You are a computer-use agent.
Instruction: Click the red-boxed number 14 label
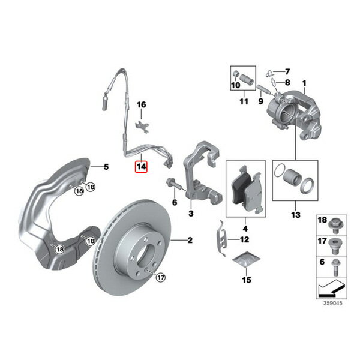tap(141, 167)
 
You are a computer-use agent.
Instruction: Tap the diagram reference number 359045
tap(332, 303)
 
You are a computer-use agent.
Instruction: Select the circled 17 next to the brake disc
tap(160, 278)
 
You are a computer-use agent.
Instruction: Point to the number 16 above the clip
tap(141, 104)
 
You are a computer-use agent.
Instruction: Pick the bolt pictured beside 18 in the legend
tap(335, 226)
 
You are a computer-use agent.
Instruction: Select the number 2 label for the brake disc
tap(190, 241)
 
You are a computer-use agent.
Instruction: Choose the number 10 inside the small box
tap(236, 85)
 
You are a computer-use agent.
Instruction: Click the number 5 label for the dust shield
tap(106, 167)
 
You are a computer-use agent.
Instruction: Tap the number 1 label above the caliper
tap(304, 83)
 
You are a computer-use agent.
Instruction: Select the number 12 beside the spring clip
tap(245, 239)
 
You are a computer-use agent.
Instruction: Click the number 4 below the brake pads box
tap(245, 229)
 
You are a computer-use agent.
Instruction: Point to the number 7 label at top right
tap(287, 72)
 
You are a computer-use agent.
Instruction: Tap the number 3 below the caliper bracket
tap(191, 214)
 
